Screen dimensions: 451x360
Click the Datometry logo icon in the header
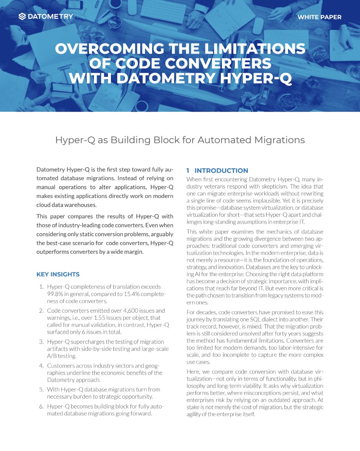point(22,16)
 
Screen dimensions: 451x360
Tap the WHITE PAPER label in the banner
point(319,17)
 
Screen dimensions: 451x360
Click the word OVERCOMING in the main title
point(110,49)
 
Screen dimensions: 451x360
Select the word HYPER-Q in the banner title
point(256,78)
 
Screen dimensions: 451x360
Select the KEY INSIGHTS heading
point(58,274)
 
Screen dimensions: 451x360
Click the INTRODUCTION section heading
point(221,171)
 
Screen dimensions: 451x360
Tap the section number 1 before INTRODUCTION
point(188,171)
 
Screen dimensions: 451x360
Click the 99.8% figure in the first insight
point(55,294)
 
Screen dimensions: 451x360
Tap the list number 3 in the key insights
point(41,342)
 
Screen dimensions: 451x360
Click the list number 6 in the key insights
point(41,406)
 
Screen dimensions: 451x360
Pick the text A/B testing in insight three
point(61,356)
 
